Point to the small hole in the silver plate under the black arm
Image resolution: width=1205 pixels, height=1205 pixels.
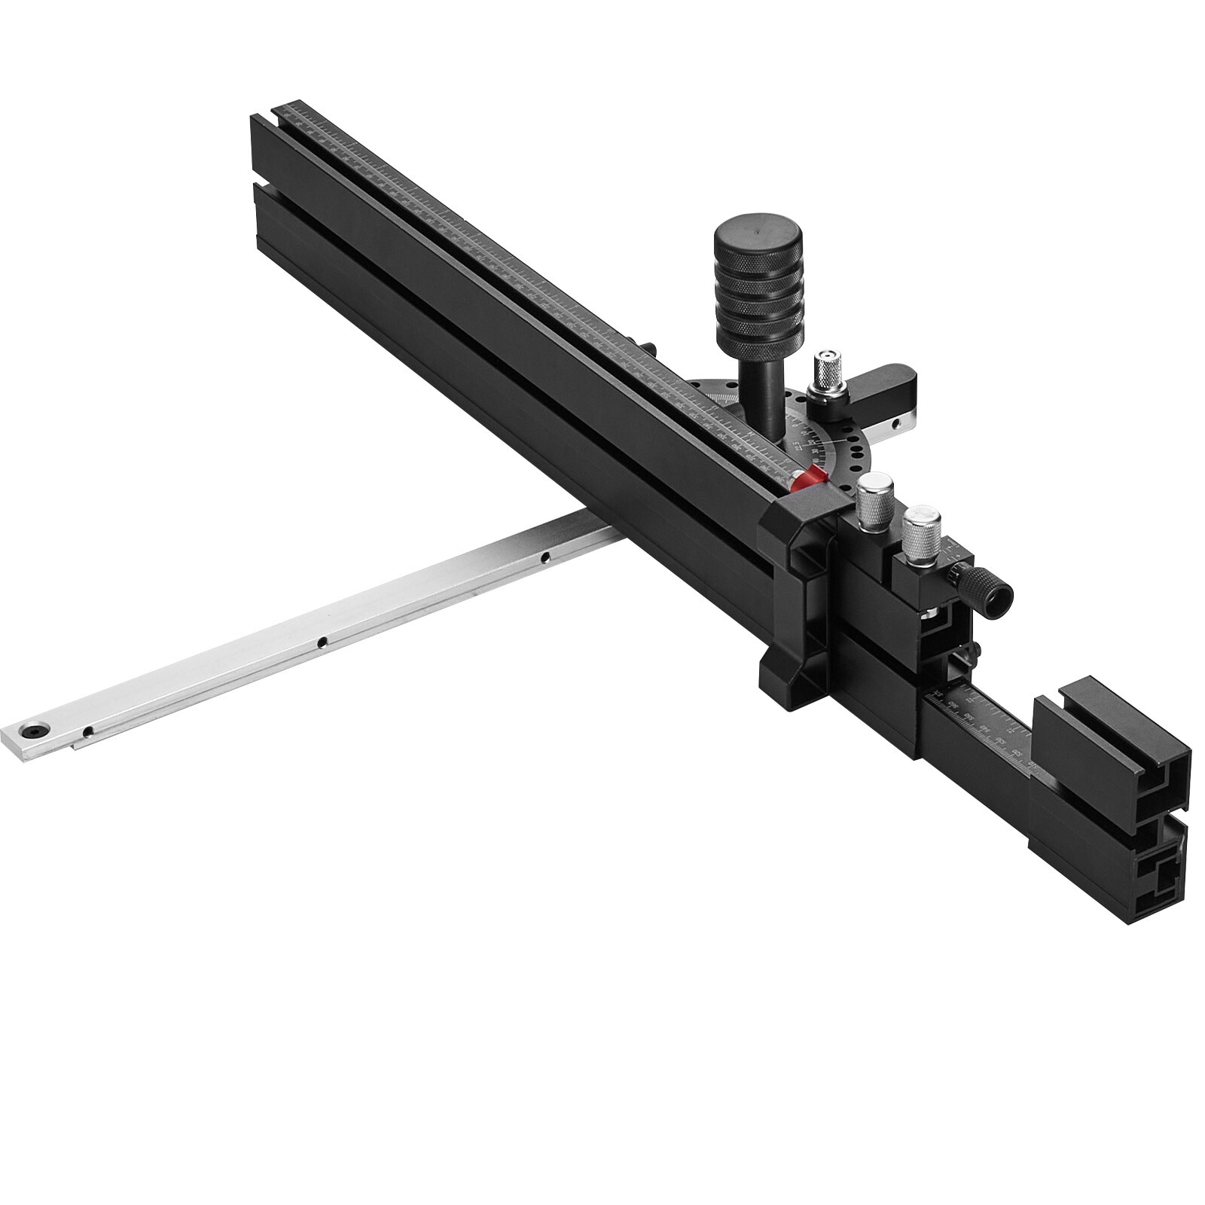[895, 424]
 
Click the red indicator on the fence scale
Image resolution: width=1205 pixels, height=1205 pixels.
[810, 477]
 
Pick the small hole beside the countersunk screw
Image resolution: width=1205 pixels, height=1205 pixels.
[88, 731]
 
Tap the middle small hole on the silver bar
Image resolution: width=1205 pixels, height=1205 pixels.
[322, 642]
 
